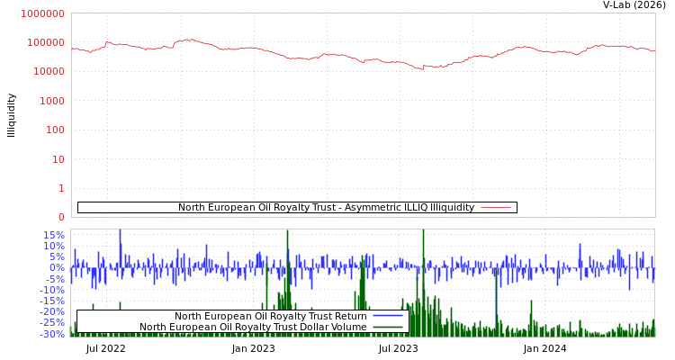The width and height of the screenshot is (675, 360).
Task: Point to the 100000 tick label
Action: click(x=45, y=42)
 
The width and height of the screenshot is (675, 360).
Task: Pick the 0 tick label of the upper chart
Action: click(x=60, y=217)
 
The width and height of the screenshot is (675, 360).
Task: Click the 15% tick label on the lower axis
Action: click(x=54, y=235)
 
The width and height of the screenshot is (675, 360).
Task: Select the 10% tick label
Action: click(x=54, y=246)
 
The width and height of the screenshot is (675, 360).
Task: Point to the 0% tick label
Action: click(x=57, y=267)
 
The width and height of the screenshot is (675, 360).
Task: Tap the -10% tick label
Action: click(x=52, y=290)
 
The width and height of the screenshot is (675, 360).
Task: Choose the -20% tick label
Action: click(x=52, y=311)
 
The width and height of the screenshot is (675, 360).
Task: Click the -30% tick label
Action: click(x=52, y=334)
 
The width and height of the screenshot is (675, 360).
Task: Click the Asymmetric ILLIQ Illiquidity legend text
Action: click(x=326, y=208)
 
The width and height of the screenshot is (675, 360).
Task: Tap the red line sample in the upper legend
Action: click(x=496, y=208)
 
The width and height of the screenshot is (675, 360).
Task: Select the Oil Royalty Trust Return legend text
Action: click(x=270, y=316)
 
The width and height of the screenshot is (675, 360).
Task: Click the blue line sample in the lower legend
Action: click(x=388, y=316)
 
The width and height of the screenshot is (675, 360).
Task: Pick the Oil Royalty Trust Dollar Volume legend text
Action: click(x=253, y=327)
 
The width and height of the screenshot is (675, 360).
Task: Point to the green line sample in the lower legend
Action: click(x=388, y=327)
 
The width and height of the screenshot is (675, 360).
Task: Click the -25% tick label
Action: click(x=52, y=322)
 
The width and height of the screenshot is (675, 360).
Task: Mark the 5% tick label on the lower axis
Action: click(x=57, y=256)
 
